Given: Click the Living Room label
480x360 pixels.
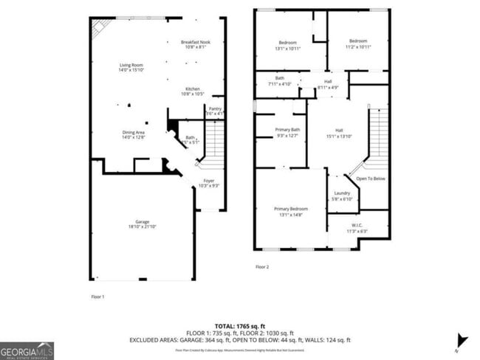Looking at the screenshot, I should [x=131, y=66].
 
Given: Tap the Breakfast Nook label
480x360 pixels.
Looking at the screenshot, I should [x=195, y=43].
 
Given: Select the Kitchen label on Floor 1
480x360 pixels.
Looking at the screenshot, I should [x=193, y=89].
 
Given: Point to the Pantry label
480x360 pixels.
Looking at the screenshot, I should [x=215, y=108].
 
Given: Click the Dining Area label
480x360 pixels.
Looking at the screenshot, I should [x=134, y=133].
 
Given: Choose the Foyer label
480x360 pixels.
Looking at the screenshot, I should [x=209, y=180].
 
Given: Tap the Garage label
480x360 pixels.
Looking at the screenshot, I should [x=142, y=222].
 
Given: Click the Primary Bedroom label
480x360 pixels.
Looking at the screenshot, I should [x=290, y=209].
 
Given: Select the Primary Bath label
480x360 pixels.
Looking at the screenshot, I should [x=288, y=129].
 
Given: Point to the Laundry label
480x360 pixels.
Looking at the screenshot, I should [x=342, y=193].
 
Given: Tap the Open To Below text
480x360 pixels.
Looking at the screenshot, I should [x=371, y=179].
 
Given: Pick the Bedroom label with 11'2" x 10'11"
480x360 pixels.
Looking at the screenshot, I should [x=358, y=41].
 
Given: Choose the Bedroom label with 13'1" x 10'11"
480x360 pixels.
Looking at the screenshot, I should [x=288, y=41].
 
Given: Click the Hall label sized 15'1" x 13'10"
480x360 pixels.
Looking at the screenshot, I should [x=340, y=129].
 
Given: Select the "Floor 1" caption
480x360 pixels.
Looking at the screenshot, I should [x=97, y=296].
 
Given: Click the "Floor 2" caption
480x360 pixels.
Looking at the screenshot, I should [x=262, y=266].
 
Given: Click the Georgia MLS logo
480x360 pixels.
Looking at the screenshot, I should [x=27, y=350].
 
